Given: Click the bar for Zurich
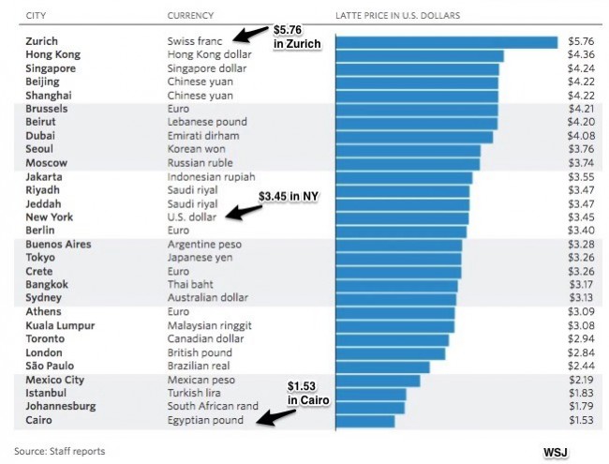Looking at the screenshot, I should (446, 42).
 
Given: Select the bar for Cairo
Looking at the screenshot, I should (365, 421).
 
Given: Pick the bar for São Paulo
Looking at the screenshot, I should (382, 367).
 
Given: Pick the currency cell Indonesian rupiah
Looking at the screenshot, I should (211, 177).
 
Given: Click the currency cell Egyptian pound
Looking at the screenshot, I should (205, 421).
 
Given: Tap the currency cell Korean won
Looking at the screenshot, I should (196, 150).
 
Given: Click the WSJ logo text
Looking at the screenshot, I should (556, 451).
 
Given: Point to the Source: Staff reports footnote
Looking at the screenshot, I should (59, 451).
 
